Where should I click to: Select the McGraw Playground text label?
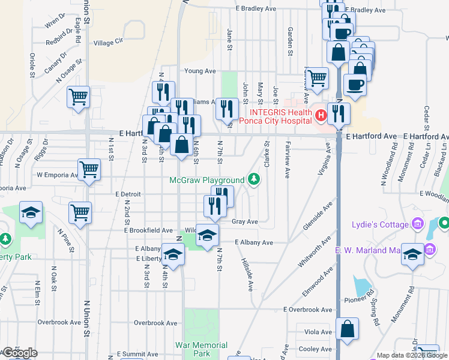[207, 180]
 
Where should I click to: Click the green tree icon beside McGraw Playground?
[254, 179]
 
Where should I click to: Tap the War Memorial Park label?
[201, 350]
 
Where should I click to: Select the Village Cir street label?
[108, 43]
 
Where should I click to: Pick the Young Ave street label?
[200, 71]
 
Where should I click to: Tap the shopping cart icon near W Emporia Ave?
[89, 170]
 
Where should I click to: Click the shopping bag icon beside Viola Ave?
[347, 329]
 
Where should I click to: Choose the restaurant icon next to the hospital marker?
[339, 113]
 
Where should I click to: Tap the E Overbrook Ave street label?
[308, 310]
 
